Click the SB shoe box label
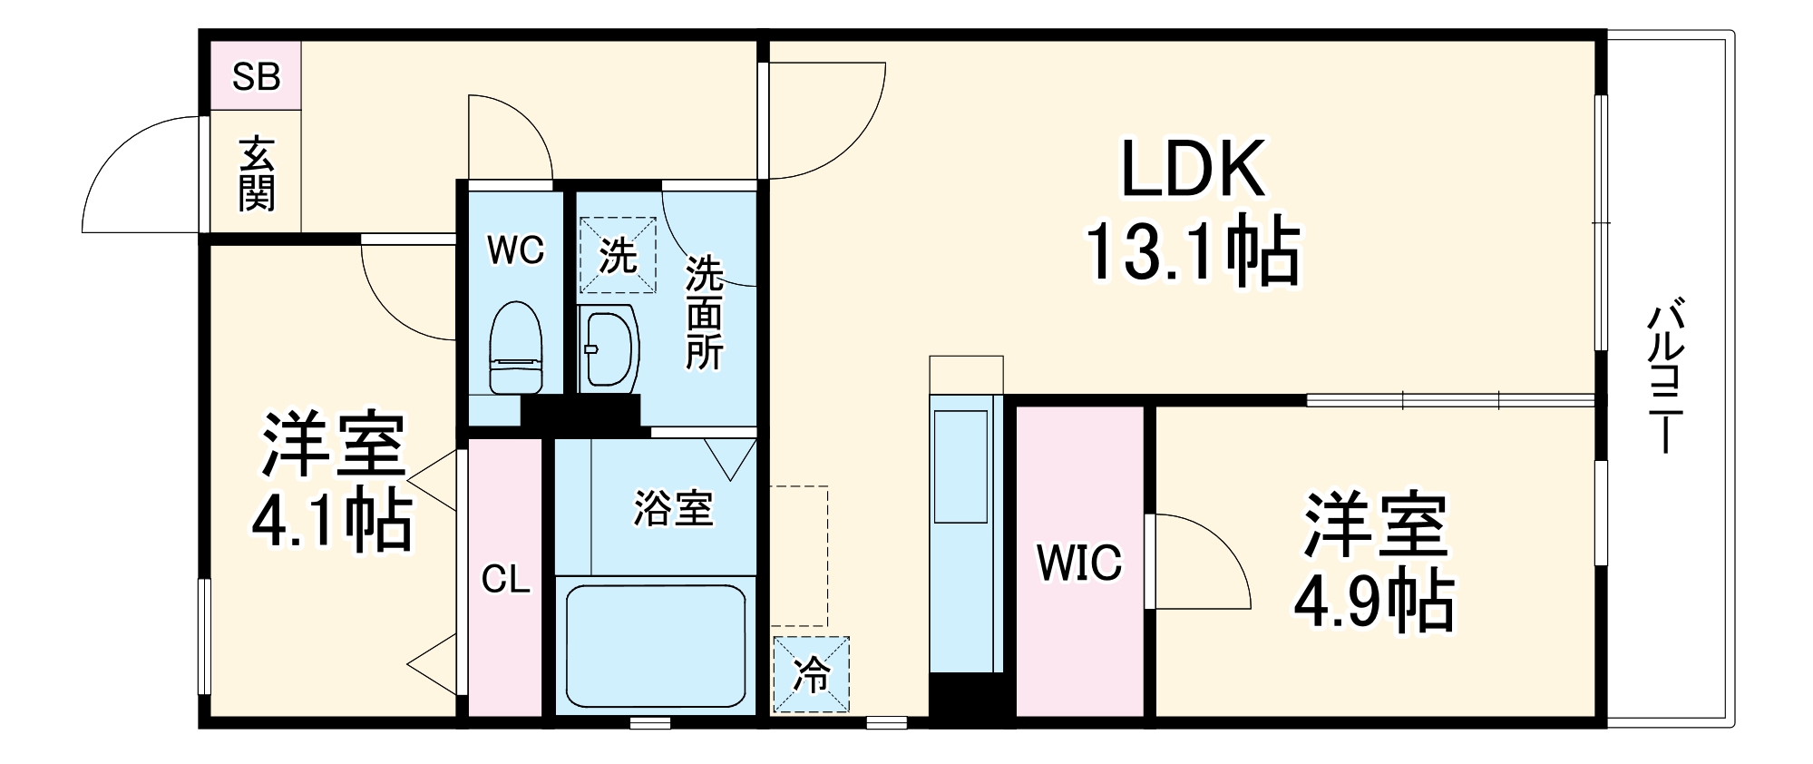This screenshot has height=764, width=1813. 256,77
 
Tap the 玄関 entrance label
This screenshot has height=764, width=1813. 257,174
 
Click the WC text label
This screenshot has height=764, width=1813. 515,250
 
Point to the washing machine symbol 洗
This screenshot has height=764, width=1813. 618,255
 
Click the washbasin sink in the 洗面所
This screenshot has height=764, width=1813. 608,348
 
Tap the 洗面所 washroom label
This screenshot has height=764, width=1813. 704,313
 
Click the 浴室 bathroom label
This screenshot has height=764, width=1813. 673,508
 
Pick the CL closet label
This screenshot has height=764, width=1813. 505,578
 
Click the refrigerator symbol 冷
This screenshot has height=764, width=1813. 812,674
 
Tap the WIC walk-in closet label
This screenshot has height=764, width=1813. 1079,563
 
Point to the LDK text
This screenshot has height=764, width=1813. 1193,169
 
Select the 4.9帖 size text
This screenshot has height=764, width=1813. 1373,600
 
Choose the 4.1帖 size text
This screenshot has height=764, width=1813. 332,520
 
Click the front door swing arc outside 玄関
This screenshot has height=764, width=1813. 136,177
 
